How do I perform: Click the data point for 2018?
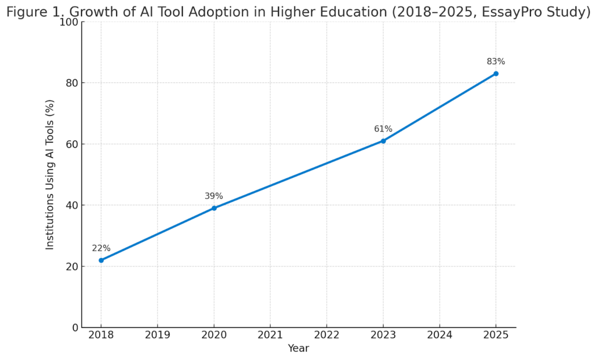pyautogui.click(x=101, y=260)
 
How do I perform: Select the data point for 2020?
pyautogui.click(x=214, y=208)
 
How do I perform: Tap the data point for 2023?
pyautogui.click(x=383, y=141)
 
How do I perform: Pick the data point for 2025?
pyautogui.click(x=496, y=73)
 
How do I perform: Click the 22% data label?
pyautogui.click(x=101, y=248)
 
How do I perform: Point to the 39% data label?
pyautogui.click(x=213, y=196)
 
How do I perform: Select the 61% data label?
pyautogui.click(x=383, y=129)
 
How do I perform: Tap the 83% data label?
pyautogui.click(x=496, y=62)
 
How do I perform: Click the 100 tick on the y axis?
pyautogui.click(x=69, y=22)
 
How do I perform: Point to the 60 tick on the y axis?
pyautogui.click(x=72, y=144)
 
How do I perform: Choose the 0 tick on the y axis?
pyautogui.click(x=75, y=328)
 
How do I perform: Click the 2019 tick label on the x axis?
pyautogui.click(x=157, y=336)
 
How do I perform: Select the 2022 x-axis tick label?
pyautogui.click(x=326, y=336)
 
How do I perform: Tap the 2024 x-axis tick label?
pyautogui.click(x=439, y=336)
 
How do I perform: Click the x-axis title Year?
pyautogui.click(x=298, y=348)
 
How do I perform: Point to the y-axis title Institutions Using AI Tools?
pyautogui.click(x=50, y=175)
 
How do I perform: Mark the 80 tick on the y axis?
pyautogui.click(x=72, y=83)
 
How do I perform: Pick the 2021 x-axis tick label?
pyautogui.click(x=270, y=336)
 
